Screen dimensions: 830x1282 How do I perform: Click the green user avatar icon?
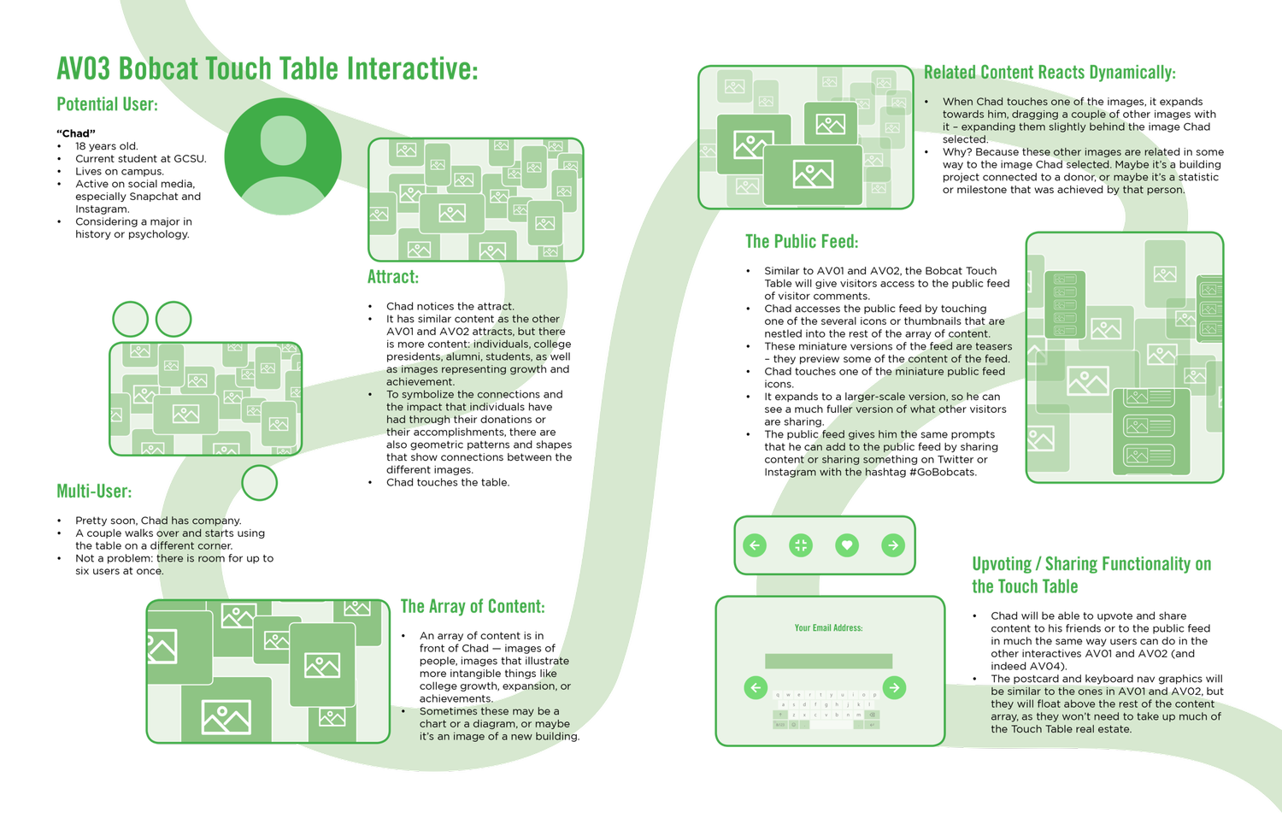(283, 157)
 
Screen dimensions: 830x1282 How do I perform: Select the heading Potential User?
(108, 104)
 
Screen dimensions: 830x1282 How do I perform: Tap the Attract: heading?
(393, 277)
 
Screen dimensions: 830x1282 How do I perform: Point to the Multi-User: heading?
(95, 491)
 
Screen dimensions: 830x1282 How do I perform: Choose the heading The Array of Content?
(472, 607)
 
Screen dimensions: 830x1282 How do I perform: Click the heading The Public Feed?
(802, 242)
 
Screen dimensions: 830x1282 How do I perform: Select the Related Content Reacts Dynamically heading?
(1049, 73)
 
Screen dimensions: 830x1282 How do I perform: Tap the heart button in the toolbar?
(847, 545)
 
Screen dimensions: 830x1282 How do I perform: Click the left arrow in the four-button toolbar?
(755, 545)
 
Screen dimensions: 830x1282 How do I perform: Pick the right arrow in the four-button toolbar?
(893, 545)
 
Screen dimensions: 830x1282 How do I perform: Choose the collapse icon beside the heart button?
(801, 545)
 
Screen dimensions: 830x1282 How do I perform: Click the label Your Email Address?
(828, 627)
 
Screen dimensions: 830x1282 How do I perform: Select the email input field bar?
(828, 661)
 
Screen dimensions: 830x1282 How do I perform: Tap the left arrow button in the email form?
(756, 687)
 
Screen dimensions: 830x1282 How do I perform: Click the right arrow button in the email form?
(894, 687)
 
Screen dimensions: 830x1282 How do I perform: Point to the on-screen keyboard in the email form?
(826, 709)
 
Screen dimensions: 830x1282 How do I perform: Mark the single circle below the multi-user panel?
(260, 483)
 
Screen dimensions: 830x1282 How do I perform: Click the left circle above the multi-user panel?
(131, 320)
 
